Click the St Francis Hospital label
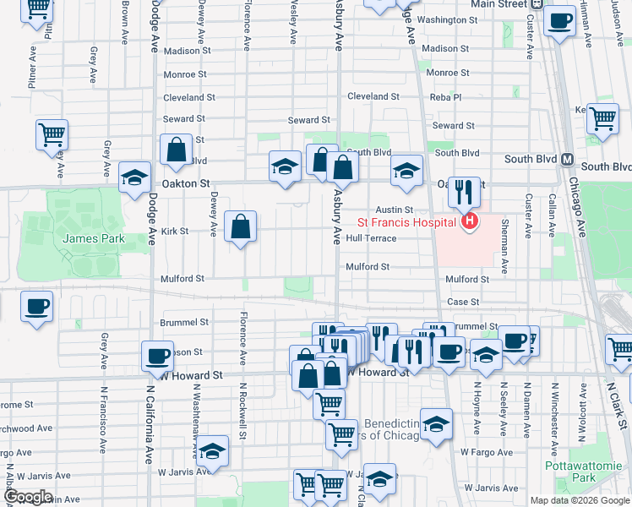(406, 223)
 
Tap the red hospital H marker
(468, 222)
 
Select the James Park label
(93, 238)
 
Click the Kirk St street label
(175, 231)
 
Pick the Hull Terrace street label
(370, 239)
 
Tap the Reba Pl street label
(445, 97)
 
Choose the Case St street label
(463, 302)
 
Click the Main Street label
(499, 4)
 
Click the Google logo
(28, 496)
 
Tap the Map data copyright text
(579, 500)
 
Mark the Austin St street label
(394, 210)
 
